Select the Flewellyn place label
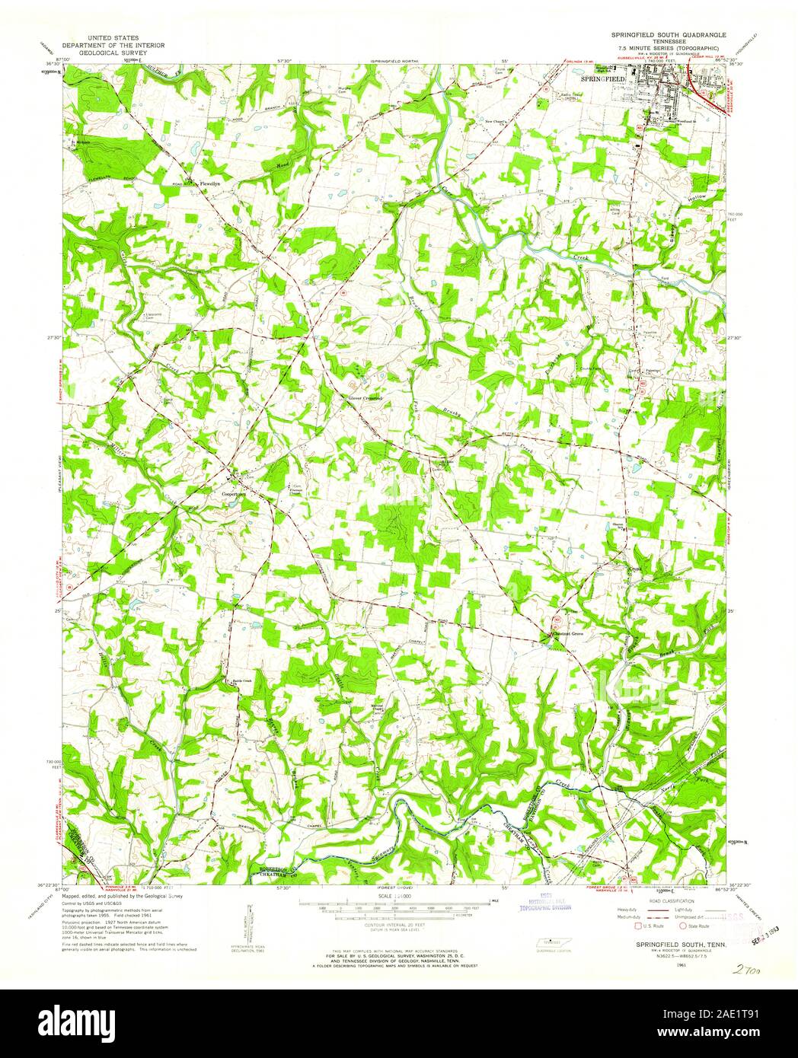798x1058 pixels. [209, 183]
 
